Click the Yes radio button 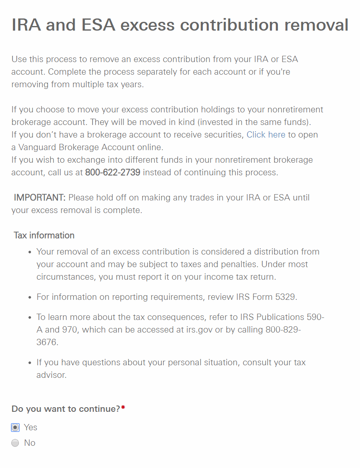click(x=16, y=427)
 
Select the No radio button click(x=16, y=443)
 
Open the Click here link click(x=266, y=135)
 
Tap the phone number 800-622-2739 click(x=113, y=172)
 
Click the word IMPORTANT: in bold click(x=40, y=198)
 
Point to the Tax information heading click(x=44, y=235)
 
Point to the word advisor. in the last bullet click(x=52, y=375)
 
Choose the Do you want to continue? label click(x=66, y=408)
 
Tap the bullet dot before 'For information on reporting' click(x=29, y=297)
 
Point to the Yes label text click(x=31, y=427)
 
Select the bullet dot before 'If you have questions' click(x=29, y=363)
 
